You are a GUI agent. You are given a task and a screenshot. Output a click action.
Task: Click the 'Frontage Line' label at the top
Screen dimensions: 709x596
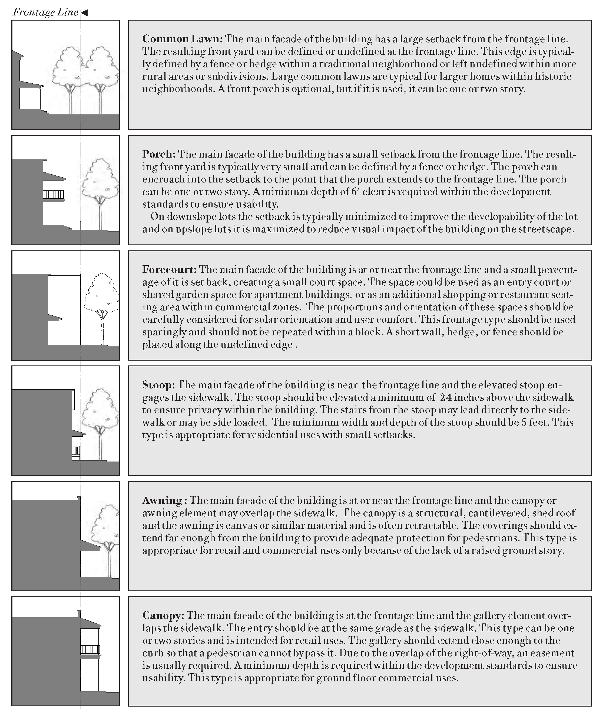pos(45,12)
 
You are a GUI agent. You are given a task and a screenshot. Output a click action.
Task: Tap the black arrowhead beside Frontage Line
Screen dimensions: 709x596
pos(84,13)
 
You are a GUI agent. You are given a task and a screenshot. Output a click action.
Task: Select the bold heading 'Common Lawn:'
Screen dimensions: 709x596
pos(182,39)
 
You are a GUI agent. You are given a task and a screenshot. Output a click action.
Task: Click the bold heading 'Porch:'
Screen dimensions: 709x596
pos(159,154)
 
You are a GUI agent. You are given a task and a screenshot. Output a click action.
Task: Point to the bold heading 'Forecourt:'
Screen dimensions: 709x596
pos(169,270)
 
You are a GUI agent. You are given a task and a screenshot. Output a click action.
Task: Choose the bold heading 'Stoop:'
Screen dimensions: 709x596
pos(158,385)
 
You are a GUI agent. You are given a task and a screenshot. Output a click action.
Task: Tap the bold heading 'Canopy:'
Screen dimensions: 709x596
pos(163,616)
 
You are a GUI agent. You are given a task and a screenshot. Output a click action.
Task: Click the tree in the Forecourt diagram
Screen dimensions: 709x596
pos(102,298)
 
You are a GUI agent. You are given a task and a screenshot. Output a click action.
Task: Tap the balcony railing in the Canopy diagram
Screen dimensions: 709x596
pos(90,650)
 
